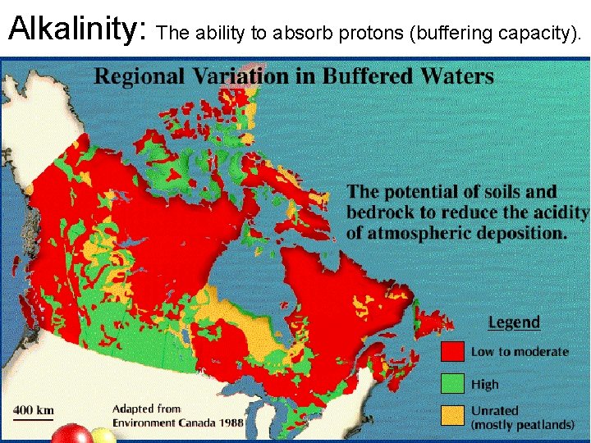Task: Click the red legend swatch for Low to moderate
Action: click(x=452, y=351)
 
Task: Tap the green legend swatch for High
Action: click(x=452, y=383)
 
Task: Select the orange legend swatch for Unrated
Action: click(x=452, y=416)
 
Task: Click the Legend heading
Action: click(x=514, y=322)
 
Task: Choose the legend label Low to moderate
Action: click(x=519, y=351)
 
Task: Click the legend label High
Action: click(x=484, y=383)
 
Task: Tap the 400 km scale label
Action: click(x=33, y=409)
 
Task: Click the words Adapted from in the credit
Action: click(x=146, y=408)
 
